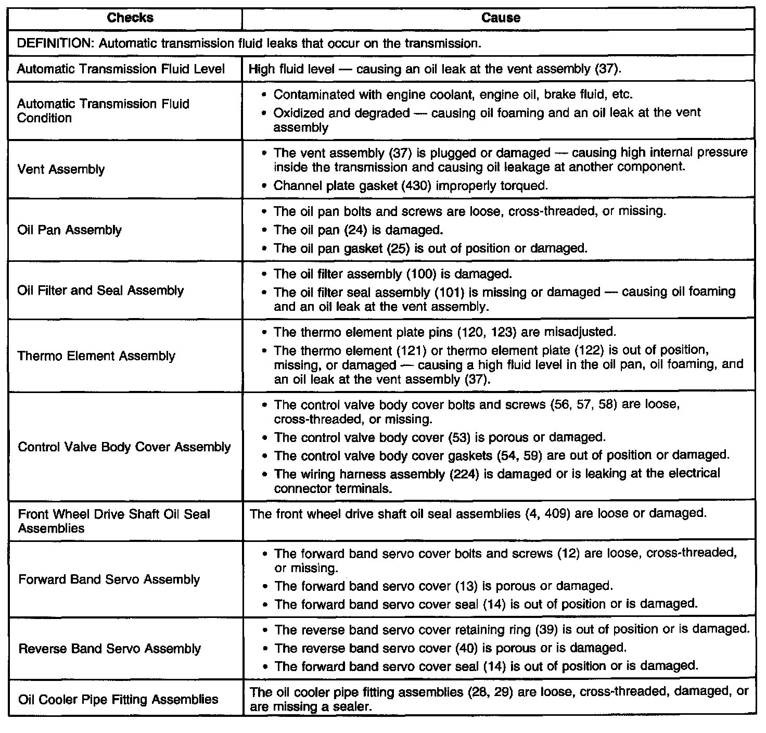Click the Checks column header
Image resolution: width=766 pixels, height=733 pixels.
point(130,18)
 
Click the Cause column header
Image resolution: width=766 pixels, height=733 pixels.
point(501,18)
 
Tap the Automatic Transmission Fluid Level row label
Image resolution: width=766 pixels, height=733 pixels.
point(121,69)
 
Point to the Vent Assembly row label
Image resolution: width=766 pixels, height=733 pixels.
point(61,169)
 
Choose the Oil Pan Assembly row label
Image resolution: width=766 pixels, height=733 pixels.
point(70,230)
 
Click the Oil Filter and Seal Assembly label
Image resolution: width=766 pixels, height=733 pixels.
point(100,290)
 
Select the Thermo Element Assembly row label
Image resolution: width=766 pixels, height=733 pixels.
point(96,356)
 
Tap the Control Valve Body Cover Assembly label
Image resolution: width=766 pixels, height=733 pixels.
point(124,447)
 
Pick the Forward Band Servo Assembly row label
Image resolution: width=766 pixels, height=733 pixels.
point(109,579)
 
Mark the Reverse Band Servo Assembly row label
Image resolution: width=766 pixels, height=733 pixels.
point(109,649)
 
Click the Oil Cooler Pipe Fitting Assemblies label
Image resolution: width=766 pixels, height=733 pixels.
point(118,699)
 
